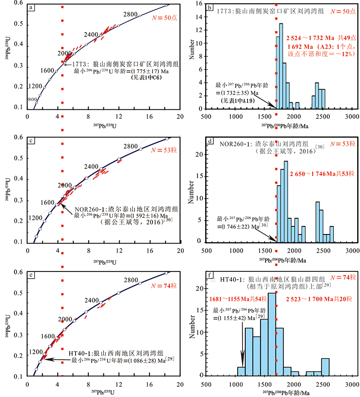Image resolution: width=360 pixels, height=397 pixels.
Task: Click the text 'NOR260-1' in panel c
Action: pos(89,209)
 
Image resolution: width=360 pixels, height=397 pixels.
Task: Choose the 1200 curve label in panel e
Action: pos(35,352)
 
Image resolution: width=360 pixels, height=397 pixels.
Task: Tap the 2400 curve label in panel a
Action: pos(90,34)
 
